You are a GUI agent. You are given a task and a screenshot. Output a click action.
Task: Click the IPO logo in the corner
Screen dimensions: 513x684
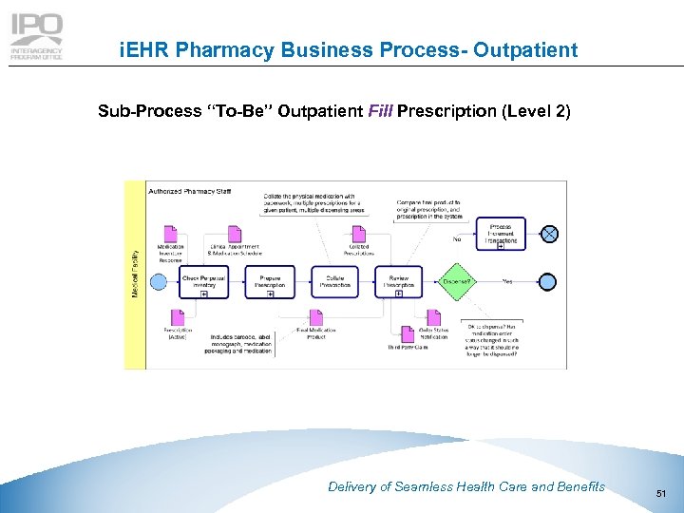[37, 37]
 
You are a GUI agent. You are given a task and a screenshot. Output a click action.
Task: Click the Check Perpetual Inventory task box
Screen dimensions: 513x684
[204, 281]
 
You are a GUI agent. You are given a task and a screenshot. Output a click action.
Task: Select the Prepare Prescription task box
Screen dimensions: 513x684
[270, 281]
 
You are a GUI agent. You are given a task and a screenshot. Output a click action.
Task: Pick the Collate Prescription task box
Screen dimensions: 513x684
[335, 281]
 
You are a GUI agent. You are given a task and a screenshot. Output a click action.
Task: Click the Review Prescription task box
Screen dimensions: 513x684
[399, 281]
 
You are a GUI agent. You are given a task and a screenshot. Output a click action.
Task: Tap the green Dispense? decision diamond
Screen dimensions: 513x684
[458, 281]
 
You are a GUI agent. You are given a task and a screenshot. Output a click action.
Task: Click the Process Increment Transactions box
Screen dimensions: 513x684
[501, 234]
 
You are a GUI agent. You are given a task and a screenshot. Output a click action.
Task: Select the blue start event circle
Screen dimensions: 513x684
[160, 281]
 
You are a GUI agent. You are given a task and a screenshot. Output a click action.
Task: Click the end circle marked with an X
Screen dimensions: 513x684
[548, 234]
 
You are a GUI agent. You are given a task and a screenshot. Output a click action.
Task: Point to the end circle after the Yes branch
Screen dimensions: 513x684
[548, 281]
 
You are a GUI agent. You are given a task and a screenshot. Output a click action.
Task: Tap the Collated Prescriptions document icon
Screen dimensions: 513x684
[358, 236]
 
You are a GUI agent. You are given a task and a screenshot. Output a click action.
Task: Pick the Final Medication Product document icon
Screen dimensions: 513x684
[317, 318]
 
